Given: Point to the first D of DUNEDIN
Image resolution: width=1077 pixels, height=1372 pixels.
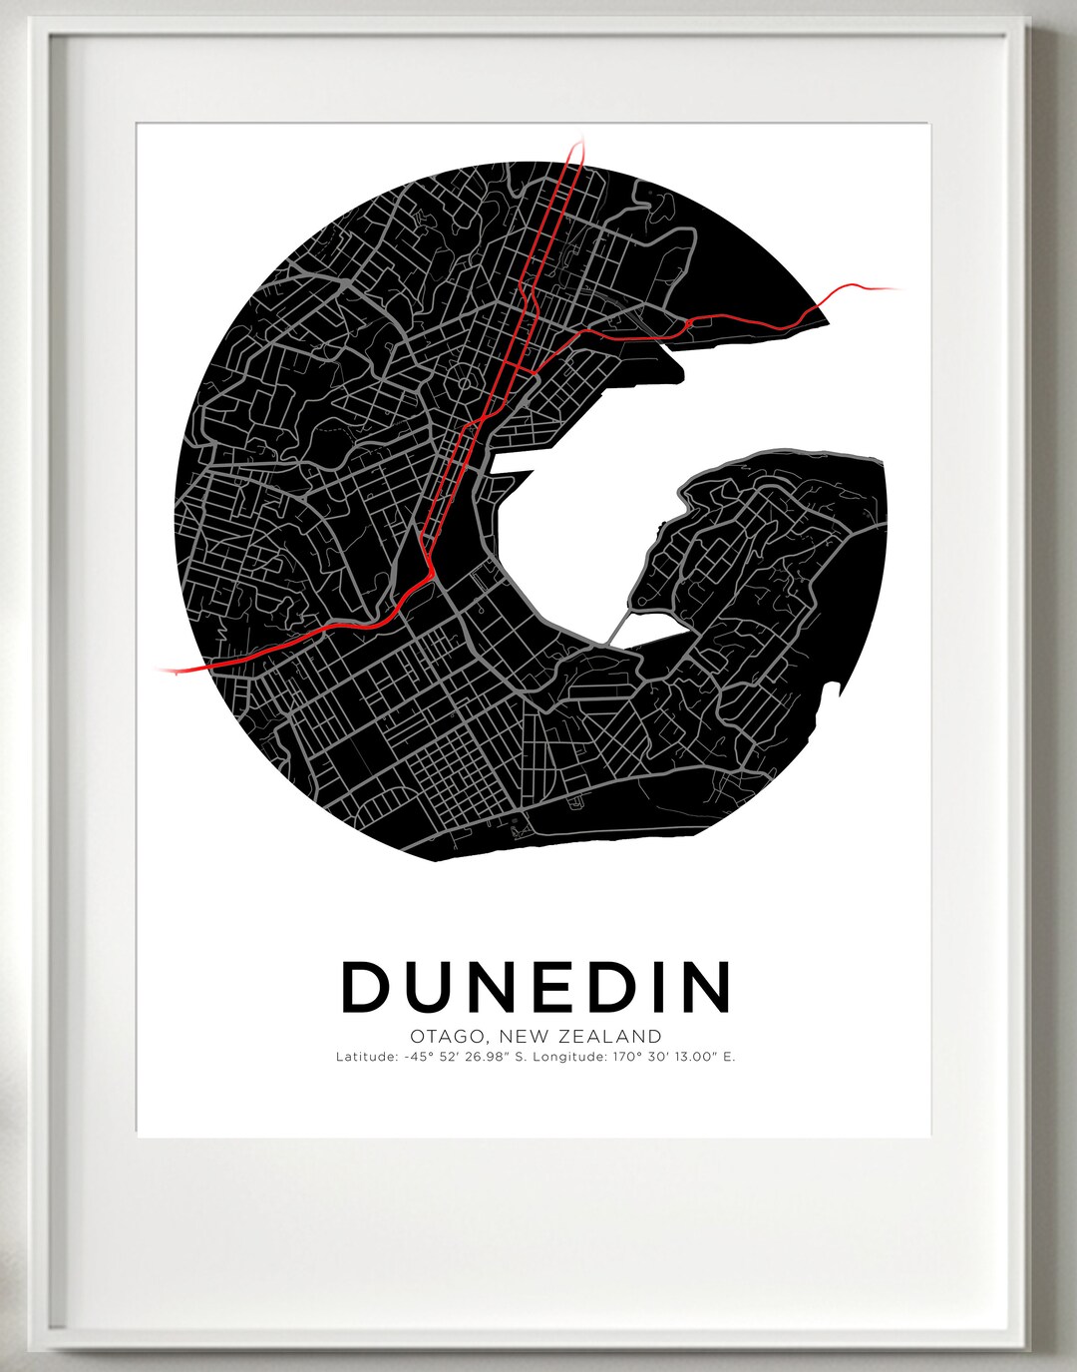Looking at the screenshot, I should point(367,986).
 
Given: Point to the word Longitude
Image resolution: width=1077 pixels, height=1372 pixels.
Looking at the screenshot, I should point(570,1057).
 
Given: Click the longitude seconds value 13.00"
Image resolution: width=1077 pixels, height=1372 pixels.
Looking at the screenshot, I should point(692,1057).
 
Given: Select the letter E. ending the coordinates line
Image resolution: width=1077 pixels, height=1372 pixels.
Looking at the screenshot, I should point(729,1057).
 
